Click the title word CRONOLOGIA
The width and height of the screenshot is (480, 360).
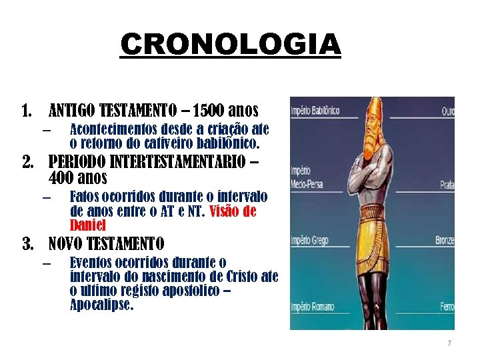(231, 45)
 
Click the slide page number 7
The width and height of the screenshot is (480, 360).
(449, 343)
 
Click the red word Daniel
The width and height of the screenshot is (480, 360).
(87, 225)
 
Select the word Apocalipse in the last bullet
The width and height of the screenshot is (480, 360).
(101, 306)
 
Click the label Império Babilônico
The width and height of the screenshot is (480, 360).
(315, 110)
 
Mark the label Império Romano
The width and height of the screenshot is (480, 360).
(311, 307)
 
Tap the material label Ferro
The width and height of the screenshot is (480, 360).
(446, 307)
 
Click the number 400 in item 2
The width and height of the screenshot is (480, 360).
(64, 179)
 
